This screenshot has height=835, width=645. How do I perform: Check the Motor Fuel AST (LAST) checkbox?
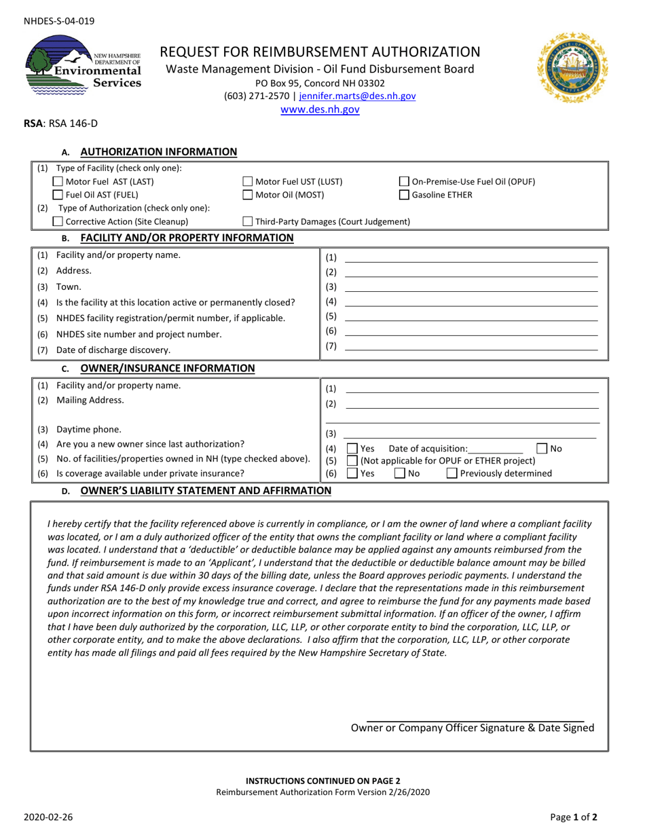click(58, 181)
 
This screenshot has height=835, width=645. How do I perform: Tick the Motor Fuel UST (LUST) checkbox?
click(248, 181)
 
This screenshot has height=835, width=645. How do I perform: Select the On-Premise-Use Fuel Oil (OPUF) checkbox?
click(404, 181)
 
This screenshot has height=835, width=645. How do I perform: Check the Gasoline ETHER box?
click(404, 195)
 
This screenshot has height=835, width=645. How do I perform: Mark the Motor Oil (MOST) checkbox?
click(248, 195)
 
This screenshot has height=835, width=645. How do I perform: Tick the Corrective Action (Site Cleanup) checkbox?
click(58, 221)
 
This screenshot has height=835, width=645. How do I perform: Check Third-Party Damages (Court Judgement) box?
click(248, 221)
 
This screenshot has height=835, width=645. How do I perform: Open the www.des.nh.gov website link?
click(320, 109)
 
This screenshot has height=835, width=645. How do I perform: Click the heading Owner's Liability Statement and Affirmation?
click(206, 490)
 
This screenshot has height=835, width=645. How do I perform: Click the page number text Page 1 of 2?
click(574, 818)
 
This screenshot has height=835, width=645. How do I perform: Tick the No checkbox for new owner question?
click(542, 449)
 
